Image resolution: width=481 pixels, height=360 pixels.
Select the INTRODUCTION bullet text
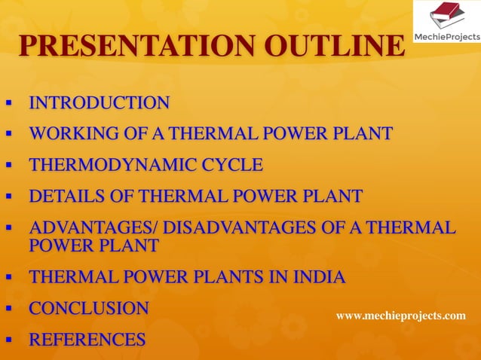99,103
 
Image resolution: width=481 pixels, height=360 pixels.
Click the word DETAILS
63,197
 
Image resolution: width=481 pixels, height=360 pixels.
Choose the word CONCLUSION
88,309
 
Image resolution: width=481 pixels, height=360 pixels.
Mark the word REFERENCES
87,340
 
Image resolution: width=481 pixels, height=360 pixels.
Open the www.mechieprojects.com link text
400,316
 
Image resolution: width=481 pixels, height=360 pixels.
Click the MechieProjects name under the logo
448,35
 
